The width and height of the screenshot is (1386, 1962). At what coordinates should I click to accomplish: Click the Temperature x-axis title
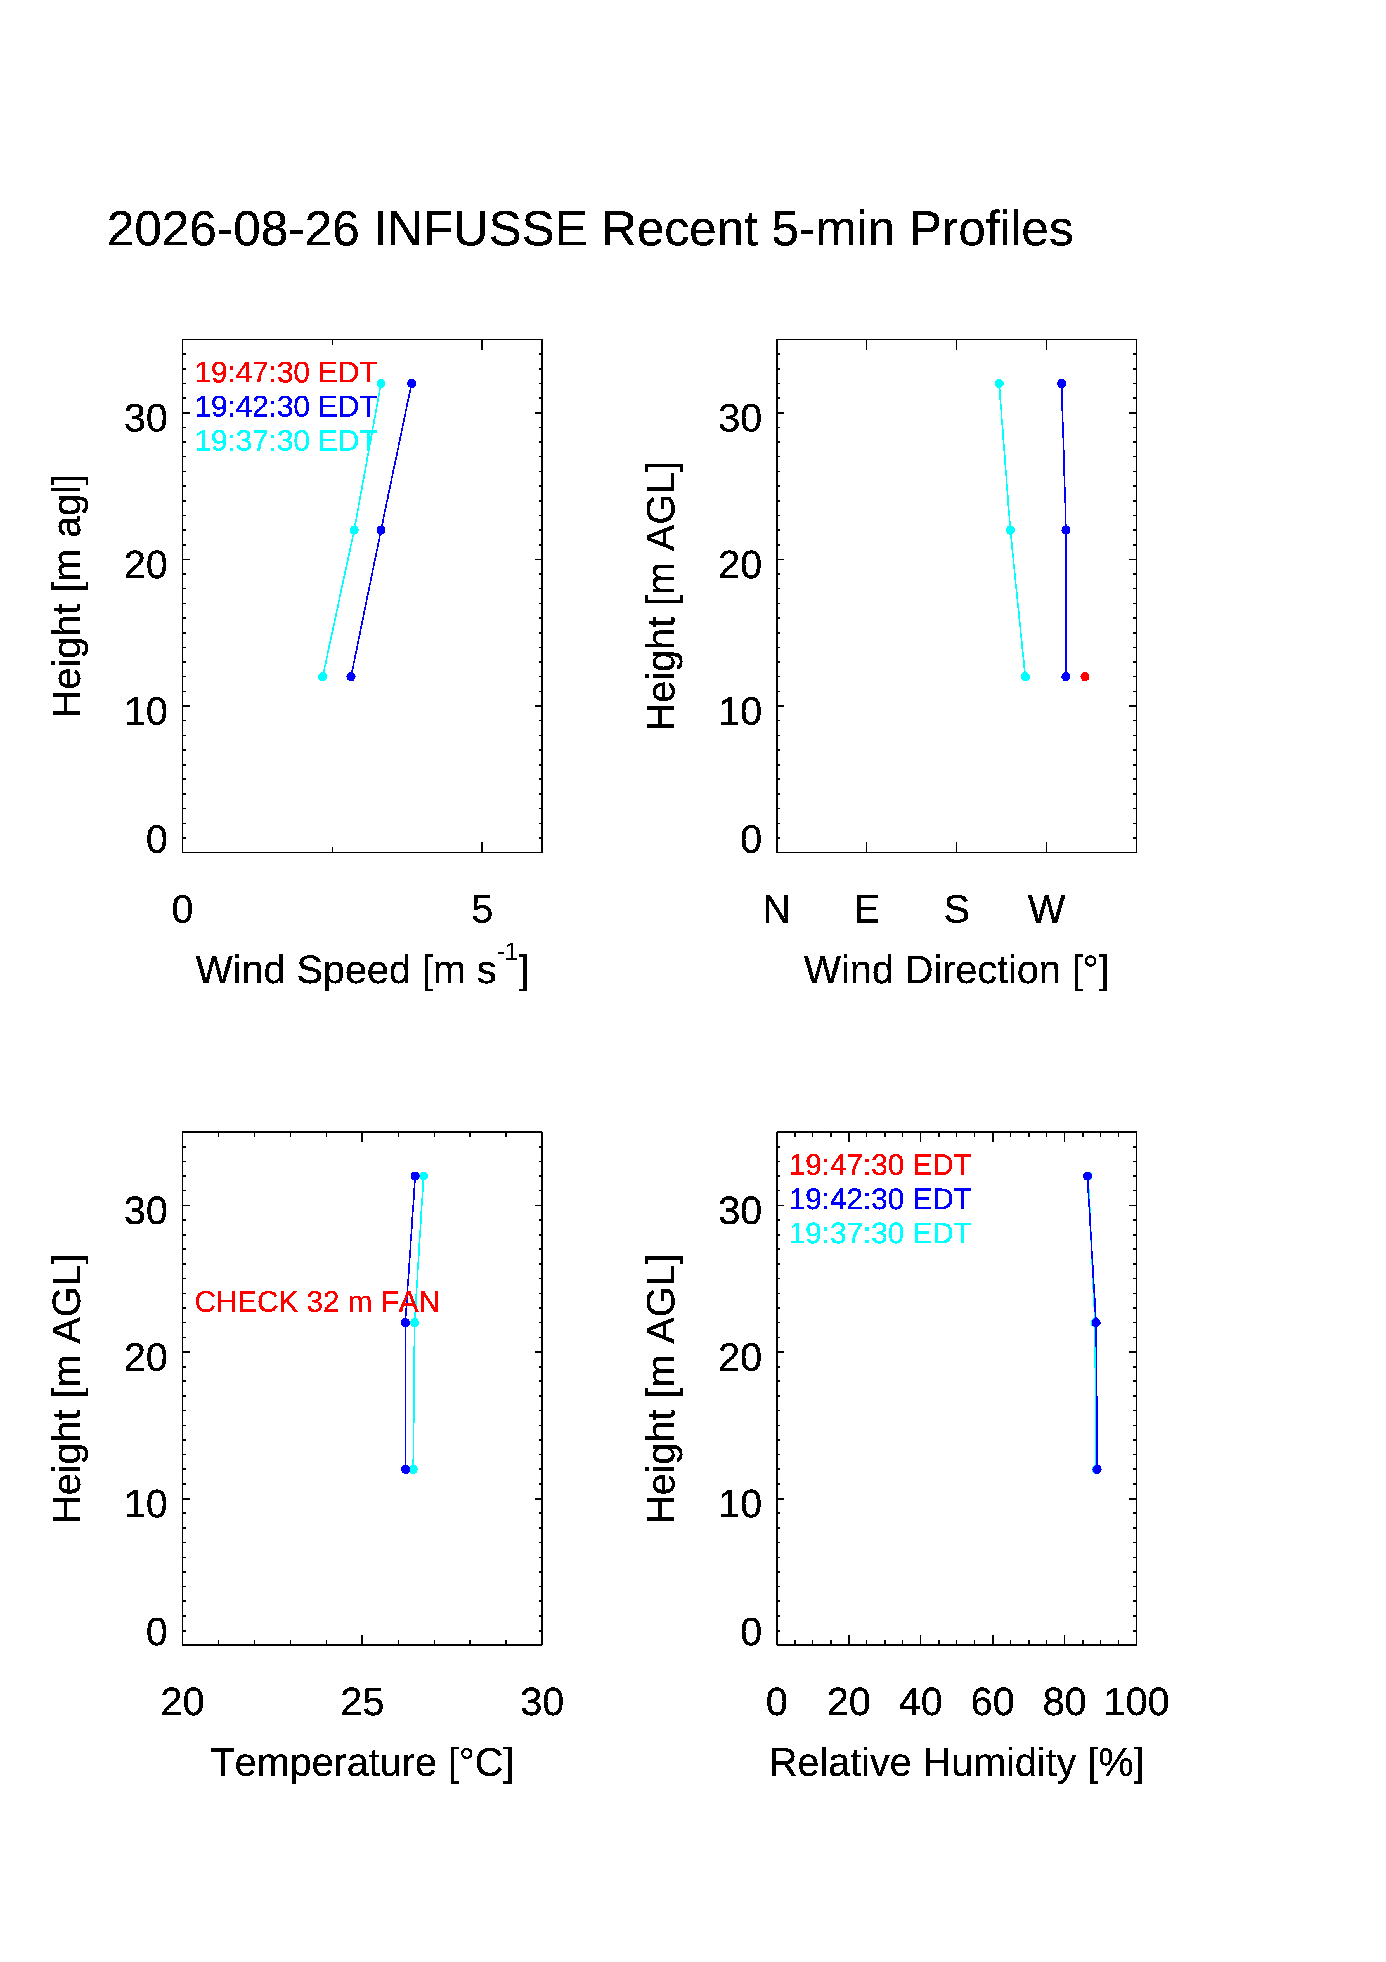pyautogui.click(x=361, y=1763)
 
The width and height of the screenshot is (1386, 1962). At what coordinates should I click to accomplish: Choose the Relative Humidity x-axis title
pyautogui.click(x=956, y=1763)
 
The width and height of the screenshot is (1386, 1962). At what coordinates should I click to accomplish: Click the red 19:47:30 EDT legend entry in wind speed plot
pyautogui.click(x=285, y=372)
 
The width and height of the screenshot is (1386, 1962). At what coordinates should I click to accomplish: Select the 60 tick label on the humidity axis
pyautogui.click(x=992, y=1702)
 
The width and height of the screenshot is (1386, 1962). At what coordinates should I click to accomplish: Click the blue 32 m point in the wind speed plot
pyautogui.click(x=411, y=384)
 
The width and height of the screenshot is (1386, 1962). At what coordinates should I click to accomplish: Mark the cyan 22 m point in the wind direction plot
pyautogui.click(x=1010, y=530)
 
